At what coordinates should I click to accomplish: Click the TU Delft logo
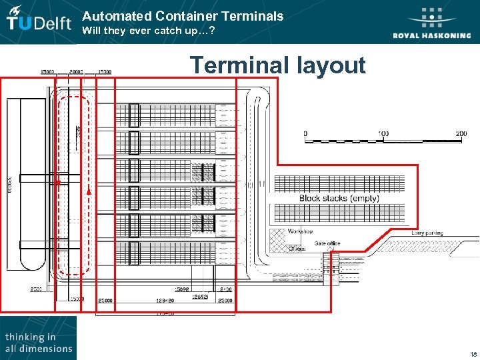pos(39,23)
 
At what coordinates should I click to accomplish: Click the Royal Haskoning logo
pos(431,24)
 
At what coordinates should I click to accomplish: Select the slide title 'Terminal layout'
pos(277,65)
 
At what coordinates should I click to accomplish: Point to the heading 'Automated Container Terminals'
pos(183,16)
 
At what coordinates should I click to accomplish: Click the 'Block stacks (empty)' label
pos(339,198)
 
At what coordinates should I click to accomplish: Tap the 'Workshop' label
pos(300,231)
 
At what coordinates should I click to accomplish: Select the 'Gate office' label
pos(327,243)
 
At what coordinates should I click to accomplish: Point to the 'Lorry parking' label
pos(427,233)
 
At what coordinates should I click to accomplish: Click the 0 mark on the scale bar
pos(305,134)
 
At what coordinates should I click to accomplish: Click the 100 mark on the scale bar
pos(383,134)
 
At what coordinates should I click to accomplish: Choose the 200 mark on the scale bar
pos(461,134)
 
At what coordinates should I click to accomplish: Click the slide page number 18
pos(473,354)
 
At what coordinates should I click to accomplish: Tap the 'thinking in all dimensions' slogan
pos(38,343)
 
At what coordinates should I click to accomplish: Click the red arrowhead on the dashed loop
pos(89,192)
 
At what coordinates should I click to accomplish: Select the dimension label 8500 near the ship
pos(36,289)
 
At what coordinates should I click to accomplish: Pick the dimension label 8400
pos(225,289)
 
